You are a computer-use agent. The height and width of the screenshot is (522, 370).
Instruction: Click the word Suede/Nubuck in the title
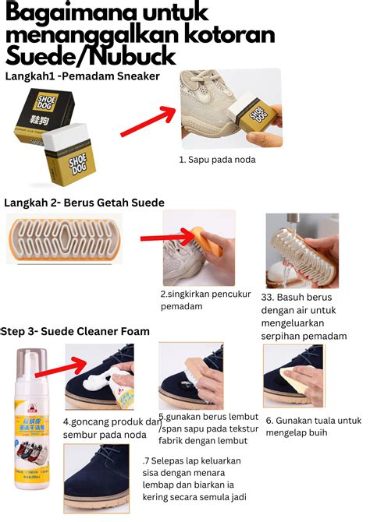[91, 57]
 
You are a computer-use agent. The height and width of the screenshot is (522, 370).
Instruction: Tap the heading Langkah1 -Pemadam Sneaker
[82, 76]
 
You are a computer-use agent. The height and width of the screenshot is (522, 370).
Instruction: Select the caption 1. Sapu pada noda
[217, 160]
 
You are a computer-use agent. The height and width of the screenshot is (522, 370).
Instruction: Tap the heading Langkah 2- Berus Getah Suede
[84, 203]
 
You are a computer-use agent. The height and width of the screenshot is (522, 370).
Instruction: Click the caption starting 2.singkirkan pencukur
[200, 300]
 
